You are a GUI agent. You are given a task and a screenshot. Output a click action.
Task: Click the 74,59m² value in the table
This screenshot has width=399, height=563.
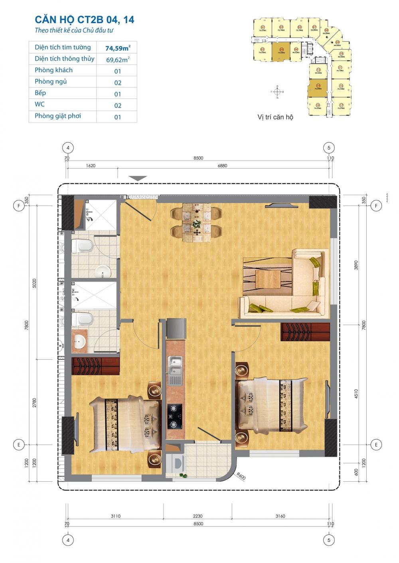(x=118, y=48)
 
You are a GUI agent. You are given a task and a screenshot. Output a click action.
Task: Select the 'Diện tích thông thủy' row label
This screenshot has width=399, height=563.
(x=64, y=59)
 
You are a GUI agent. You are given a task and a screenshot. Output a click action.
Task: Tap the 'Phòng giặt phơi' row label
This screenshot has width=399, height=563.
(x=57, y=116)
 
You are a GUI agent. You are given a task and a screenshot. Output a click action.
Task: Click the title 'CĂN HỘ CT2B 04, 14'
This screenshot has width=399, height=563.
(x=84, y=20)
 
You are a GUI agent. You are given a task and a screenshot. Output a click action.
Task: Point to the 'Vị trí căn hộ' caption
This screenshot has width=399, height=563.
(x=275, y=117)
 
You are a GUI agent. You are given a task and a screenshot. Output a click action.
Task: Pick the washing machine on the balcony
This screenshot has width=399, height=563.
(x=176, y=463)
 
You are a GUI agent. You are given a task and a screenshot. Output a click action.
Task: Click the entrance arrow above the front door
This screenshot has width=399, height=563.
(x=138, y=179)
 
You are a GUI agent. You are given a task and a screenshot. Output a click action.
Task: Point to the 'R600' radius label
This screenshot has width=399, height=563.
(x=240, y=475)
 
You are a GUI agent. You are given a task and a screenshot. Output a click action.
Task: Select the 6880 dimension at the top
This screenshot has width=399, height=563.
(x=222, y=166)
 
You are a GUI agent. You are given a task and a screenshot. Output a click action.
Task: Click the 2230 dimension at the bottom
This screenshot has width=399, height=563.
(x=198, y=516)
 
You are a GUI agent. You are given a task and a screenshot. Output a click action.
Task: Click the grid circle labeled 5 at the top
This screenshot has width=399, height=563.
(x=329, y=148)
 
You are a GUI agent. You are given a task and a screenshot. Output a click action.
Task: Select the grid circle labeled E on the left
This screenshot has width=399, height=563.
(x=18, y=444)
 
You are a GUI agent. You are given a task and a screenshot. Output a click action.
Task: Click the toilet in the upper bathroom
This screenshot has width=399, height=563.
(x=85, y=245)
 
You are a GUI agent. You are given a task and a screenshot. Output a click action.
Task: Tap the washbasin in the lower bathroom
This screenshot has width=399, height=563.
(x=81, y=342)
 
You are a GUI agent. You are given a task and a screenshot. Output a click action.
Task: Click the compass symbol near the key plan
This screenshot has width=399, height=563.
(x=277, y=92)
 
